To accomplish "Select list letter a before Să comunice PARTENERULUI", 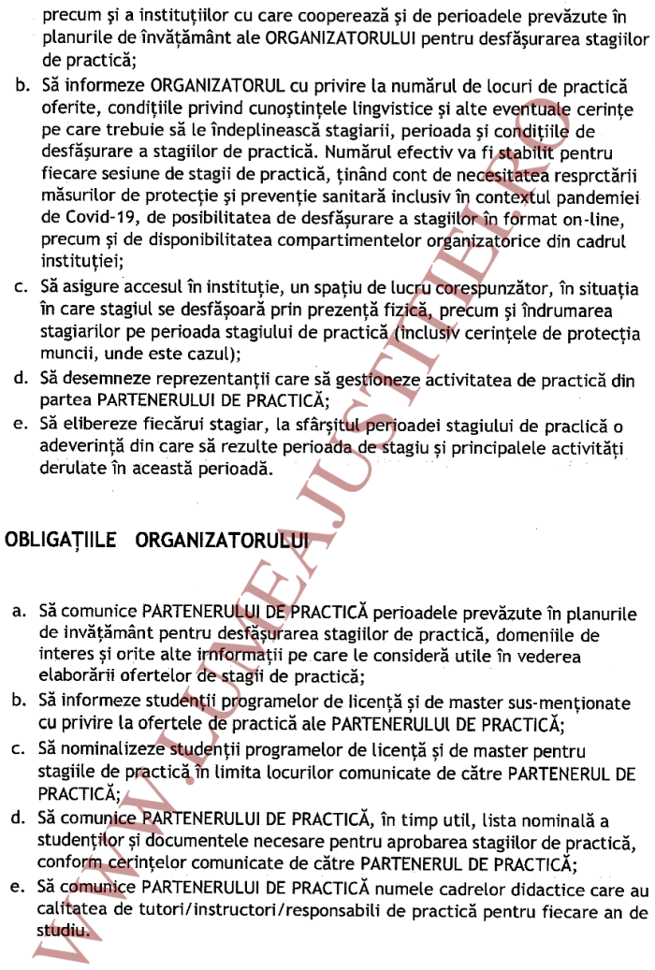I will click(20, 612).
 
